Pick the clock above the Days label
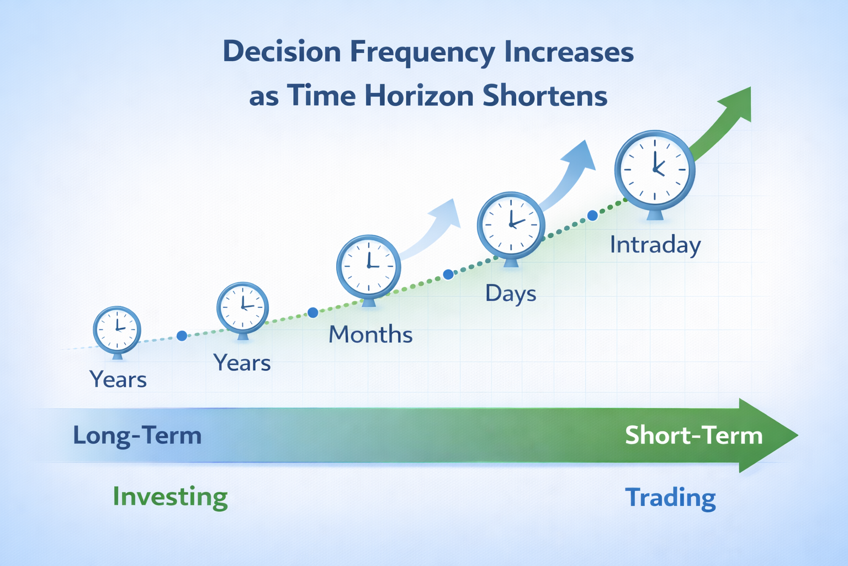coord(511,228)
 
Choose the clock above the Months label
coord(369,270)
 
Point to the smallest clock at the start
coord(118,332)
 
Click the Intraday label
coord(655,245)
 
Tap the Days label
coord(511,294)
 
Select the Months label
coord(370,334)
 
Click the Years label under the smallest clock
coord(118,379)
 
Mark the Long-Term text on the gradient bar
coord(137,435)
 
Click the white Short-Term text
coord(693,435)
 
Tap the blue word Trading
coord(670,498)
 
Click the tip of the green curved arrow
coord(750,87)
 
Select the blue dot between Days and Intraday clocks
coord(592,216)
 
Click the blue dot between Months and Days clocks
coord(448,274)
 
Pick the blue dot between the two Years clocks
coord(182,336)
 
